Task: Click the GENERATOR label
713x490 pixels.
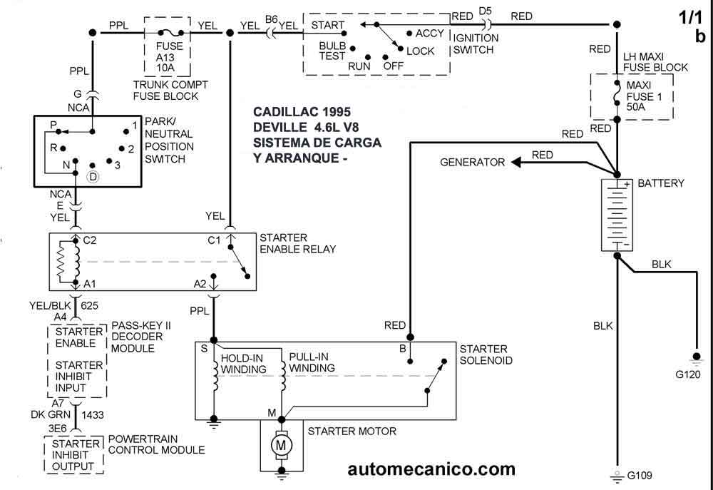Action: (472, 162)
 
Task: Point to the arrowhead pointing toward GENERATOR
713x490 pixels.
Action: (515, 162)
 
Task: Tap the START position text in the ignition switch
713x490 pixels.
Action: (327, 25)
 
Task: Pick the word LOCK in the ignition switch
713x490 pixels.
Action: (420, 51)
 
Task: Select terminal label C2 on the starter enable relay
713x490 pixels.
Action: (90, 240)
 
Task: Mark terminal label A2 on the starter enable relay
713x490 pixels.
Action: (200, 284)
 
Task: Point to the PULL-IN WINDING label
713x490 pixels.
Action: (312, 362)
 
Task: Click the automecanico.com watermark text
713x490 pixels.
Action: (431, 469)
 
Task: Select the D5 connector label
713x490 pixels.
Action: (485, 10)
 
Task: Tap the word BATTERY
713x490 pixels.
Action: (660, 183)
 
